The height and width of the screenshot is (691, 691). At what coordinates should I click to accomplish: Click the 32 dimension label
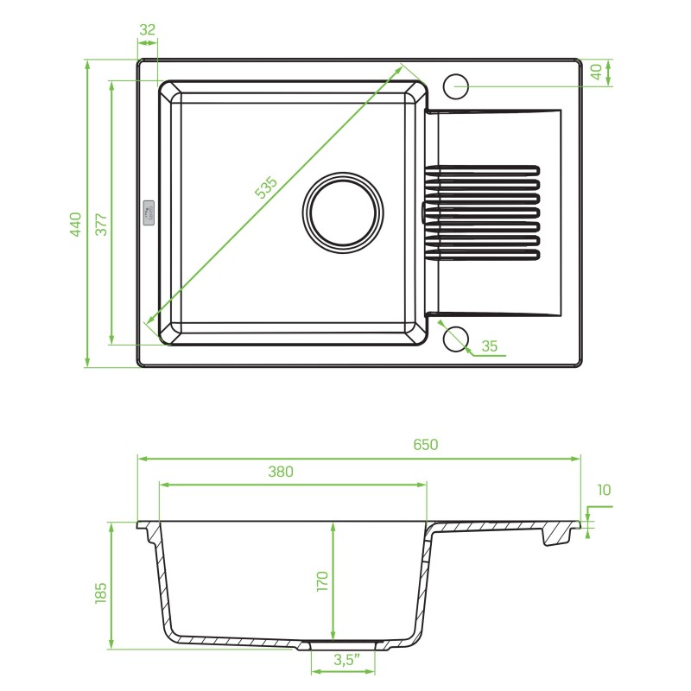[147, 29]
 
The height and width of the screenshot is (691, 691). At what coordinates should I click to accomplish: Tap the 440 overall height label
[76, 225]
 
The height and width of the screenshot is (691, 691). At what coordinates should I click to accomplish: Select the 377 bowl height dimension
[101, 225]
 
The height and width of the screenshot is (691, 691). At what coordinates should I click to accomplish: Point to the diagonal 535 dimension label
[266, 187]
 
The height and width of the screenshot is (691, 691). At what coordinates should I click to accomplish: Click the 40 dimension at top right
[596, 72]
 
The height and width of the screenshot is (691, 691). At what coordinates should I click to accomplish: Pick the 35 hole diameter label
[489, 346]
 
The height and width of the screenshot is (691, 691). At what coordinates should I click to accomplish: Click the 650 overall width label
[426, 445]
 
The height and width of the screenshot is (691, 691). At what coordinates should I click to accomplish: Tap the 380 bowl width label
[281, 472]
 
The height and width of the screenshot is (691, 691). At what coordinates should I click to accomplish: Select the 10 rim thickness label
[604, 490]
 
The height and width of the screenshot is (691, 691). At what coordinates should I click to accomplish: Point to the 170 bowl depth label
[322, 581]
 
